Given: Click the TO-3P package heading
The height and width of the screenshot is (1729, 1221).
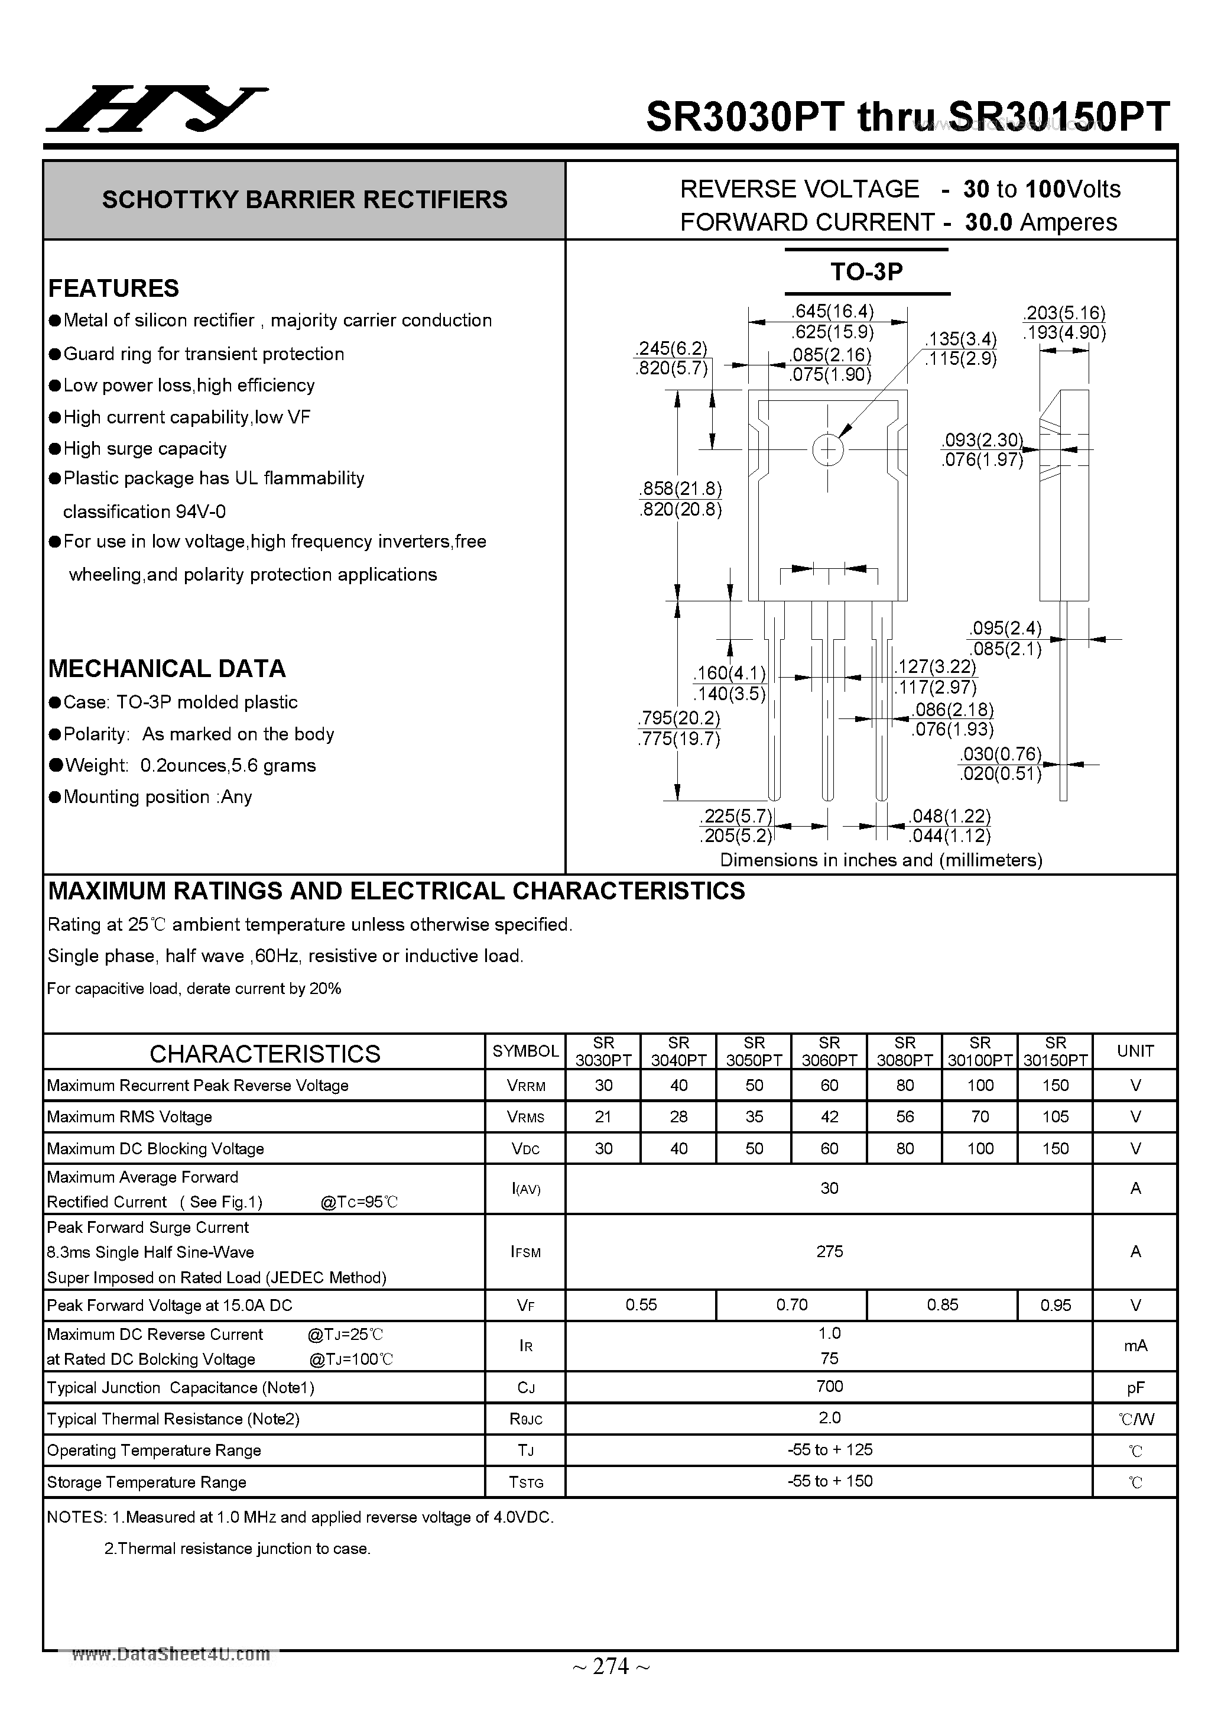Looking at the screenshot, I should coord(866,272).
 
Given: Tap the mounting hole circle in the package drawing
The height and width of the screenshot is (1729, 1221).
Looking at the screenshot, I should coord(828,451).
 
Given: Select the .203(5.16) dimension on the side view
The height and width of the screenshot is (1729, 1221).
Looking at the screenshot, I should coord(1064,313).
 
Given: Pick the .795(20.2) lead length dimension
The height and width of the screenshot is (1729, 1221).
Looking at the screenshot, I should coord(678,718).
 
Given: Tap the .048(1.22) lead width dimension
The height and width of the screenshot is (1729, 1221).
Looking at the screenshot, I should coord(949,816).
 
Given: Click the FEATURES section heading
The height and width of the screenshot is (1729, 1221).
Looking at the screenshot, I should coord(113,289).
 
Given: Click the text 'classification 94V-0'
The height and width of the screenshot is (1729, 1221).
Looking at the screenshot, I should coord(144,512).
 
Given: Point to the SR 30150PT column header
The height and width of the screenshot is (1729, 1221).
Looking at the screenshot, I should coord(1056,1051).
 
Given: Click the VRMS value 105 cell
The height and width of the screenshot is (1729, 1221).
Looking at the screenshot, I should coord(1056,1117).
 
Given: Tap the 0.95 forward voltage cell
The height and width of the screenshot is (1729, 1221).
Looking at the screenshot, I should coord(1056,1305).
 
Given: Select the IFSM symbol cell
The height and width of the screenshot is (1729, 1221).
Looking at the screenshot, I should coord(525,1252).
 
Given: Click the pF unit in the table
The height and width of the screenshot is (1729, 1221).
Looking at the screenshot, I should coord(1135,1387).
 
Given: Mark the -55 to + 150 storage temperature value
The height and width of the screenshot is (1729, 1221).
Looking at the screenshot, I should coord(830,1481).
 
